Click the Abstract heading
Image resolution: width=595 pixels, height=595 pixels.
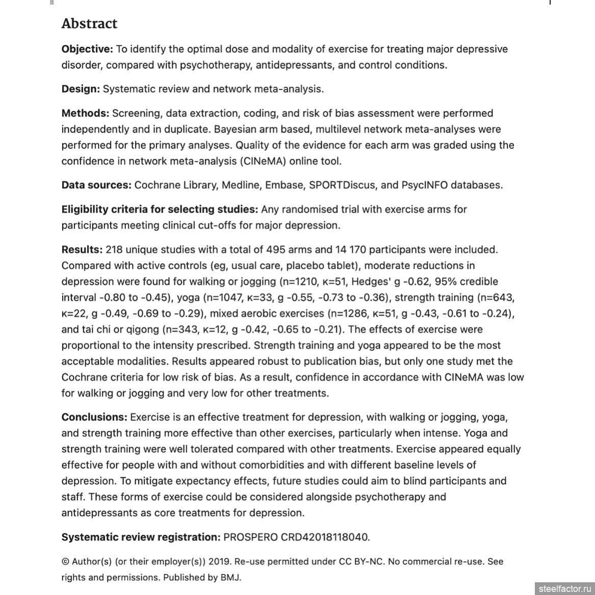tap(89, 23)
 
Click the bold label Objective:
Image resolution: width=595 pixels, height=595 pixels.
tap(87, 49)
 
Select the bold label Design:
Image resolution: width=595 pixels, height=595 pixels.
tap(81, 89)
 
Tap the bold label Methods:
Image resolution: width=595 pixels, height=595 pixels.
tap(85, 113)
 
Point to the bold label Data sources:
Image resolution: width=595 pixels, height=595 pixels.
tap(96, 185)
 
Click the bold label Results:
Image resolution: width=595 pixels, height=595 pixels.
tap(82, 249)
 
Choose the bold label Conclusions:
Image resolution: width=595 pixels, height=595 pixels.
tap(94, 417)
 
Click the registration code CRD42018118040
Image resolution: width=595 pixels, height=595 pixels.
tap(325, 537)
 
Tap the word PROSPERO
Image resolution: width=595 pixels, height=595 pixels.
tap(251, 537)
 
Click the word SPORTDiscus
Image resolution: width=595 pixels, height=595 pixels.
tap(338, 185)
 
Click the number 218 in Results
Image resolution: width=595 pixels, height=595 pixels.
tap(114, 249)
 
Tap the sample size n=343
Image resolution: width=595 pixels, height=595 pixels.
tap(178, 329)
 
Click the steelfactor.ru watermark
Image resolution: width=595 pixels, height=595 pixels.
tap(564, 589)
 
